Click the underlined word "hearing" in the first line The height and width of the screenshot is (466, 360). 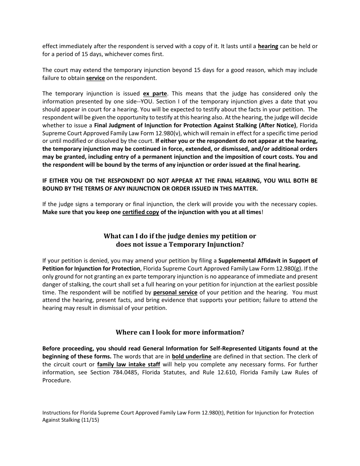[x=268, y=46]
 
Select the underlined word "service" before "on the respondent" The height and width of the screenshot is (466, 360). [x=95, y=78]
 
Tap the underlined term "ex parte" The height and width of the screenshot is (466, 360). [x=155, y=94]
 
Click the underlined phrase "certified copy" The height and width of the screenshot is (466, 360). [x=141, y=212]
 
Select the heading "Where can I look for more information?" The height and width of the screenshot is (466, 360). [x=180, y=332]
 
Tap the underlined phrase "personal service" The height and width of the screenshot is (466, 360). [x=175, y=292]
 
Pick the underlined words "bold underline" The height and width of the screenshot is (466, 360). [x=191, y=357]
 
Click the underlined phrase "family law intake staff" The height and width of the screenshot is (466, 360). [x=128, y=364]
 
